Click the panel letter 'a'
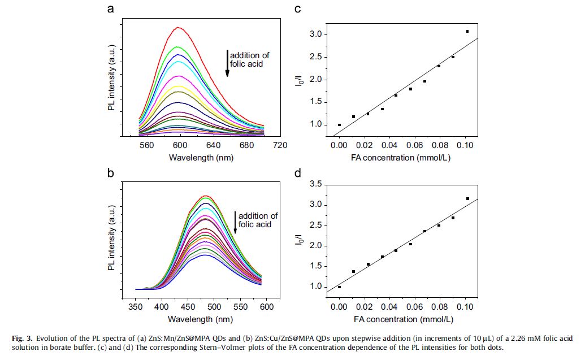111,9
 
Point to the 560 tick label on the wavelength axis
146,145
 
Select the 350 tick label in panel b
136,306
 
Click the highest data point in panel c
467,31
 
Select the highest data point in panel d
467,198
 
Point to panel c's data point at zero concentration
339,125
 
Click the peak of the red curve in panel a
179,27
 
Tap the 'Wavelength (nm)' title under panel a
200,157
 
